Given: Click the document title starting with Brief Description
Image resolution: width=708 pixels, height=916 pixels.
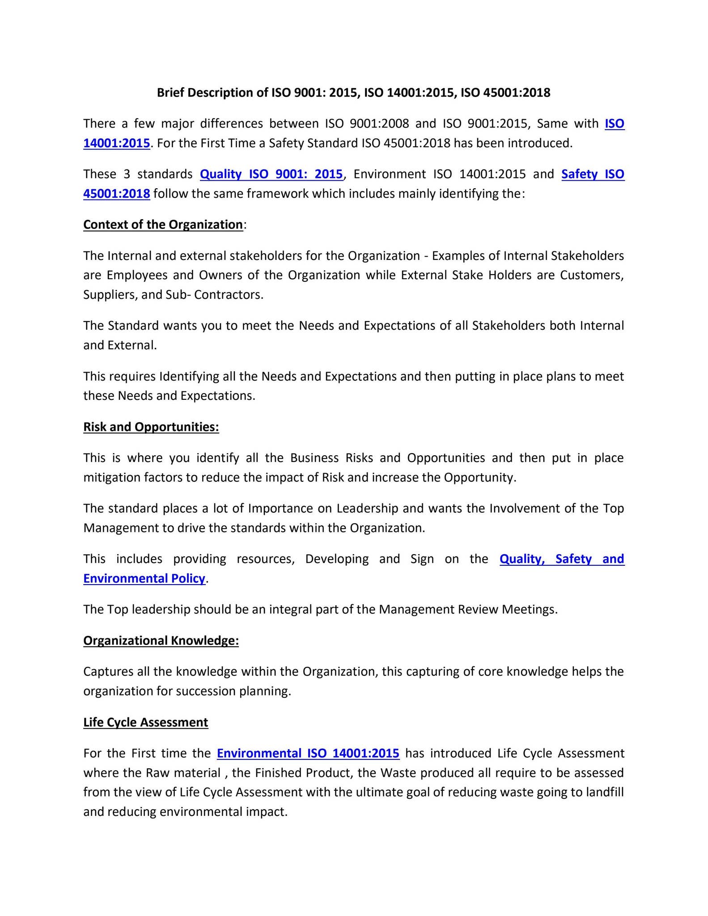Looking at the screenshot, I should point(353,93).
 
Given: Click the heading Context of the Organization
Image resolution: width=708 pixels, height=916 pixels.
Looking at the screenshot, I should point(163,225).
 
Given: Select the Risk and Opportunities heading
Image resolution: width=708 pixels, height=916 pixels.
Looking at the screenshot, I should point(151,427).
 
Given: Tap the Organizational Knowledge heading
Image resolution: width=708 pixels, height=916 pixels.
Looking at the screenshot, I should point(161,641).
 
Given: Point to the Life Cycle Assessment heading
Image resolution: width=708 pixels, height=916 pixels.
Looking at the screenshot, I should point(145,722).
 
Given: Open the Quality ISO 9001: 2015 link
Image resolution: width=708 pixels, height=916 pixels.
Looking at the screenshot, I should point(271,174).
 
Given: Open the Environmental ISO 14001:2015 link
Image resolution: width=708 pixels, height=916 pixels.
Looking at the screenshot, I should point(308,753).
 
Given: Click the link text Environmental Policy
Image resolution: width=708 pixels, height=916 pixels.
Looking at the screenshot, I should point(144,578).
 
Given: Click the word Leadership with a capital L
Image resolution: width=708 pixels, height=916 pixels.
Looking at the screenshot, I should point(367,509).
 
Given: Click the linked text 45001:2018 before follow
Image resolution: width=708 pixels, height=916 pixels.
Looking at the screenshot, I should point(117,194).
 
